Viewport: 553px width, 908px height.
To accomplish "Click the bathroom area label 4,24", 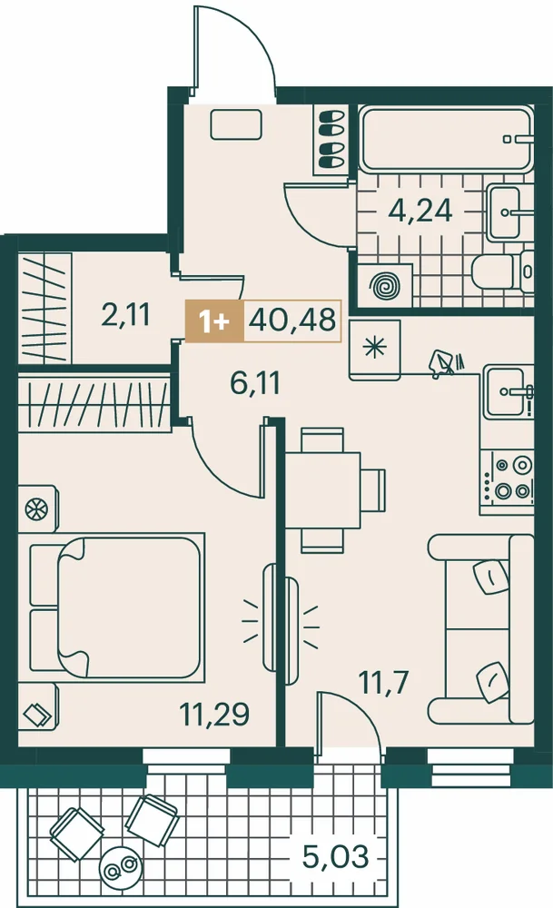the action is point(420,211).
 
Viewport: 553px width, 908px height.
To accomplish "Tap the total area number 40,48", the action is point(291,319).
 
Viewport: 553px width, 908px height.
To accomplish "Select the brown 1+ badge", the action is point(215,321).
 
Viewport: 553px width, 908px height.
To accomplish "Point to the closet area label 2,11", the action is point(125,315).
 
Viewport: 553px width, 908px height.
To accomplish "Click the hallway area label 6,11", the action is point(255,383).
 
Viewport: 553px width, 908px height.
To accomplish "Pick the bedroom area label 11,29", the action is point(214,714).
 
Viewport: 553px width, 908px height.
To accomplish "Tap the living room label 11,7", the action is point(384,682).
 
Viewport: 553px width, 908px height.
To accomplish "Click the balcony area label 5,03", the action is point(335,856).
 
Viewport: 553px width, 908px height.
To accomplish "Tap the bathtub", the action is point(445,138).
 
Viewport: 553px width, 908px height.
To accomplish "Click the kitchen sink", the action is point(508,391).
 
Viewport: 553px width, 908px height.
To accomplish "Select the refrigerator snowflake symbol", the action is point(375,349).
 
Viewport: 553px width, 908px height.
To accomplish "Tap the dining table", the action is point(323,490).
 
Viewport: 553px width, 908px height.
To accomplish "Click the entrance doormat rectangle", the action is point(236,124).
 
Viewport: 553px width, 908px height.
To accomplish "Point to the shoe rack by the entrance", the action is point(331,139).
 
